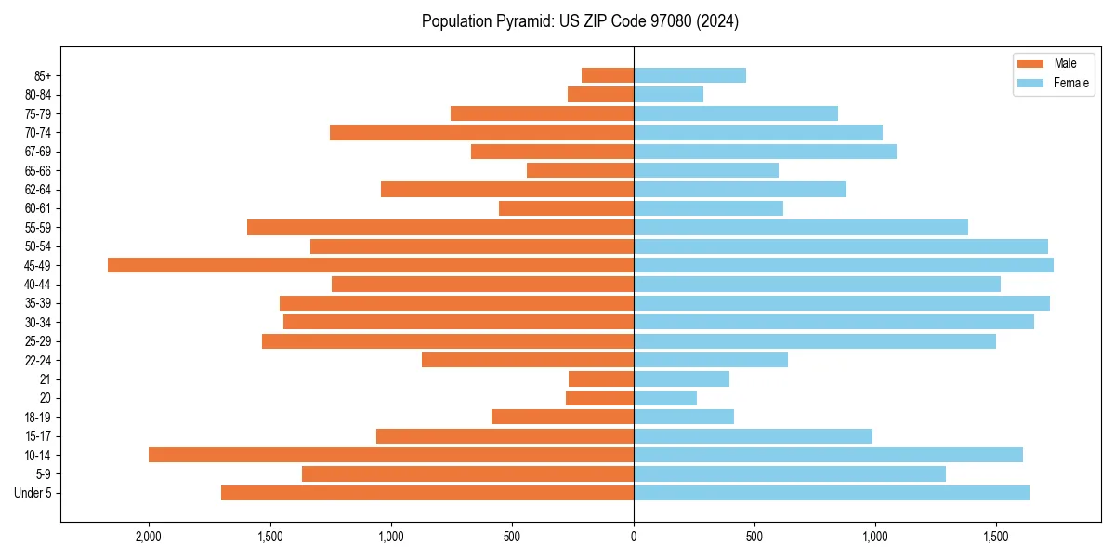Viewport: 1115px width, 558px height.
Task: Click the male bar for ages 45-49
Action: click(371, 265)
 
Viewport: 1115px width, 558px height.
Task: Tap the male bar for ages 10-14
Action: click(391, 455)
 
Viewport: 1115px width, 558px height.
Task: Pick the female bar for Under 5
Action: click(832, 493)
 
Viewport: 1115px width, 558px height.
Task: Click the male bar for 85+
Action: click(608, 75)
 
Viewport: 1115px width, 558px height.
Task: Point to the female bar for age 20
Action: click(665, 398)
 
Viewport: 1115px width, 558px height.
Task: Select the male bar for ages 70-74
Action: click(481, 132)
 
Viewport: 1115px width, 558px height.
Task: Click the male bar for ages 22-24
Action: click(528, 360)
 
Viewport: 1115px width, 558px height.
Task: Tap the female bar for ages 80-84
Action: click(668, 94)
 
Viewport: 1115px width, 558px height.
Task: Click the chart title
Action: click(580, 21)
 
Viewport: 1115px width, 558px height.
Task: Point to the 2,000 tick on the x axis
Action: click(149, 537)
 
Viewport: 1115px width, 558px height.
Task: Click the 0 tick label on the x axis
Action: click(634, 537)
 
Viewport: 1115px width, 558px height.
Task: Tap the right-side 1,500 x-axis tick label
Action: click(996, 537)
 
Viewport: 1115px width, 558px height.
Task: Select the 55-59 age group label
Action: click(38, 228)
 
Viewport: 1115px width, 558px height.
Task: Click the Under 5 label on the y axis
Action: click(33, 493)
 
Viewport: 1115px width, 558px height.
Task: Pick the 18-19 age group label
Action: click(38, 418)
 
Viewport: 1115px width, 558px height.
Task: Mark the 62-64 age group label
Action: click(38, 190)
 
